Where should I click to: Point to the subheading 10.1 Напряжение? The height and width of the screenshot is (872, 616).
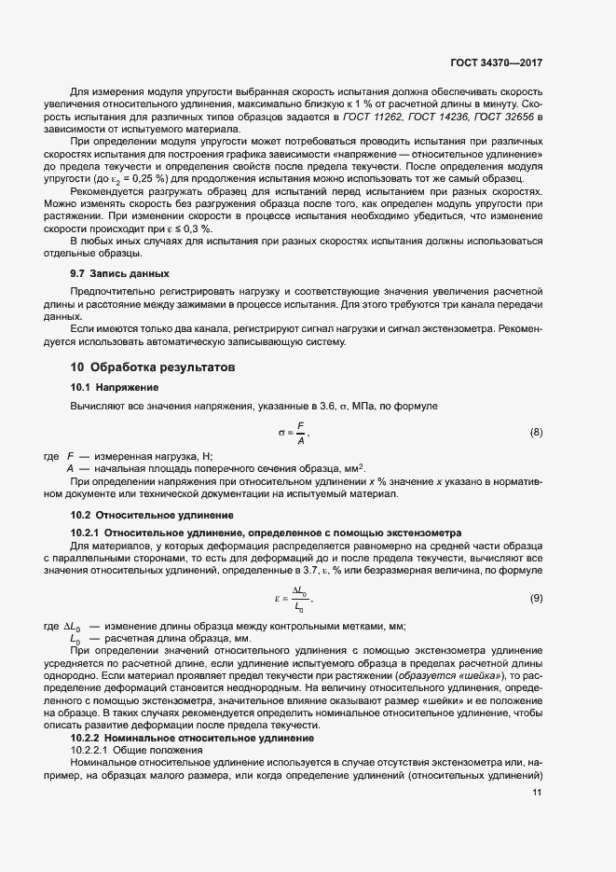click(115, 387)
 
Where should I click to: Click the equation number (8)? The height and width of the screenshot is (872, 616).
click(536, 432)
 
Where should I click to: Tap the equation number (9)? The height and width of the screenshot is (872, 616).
click(536, 597)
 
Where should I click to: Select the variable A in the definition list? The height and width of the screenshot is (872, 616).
click(71, 467)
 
